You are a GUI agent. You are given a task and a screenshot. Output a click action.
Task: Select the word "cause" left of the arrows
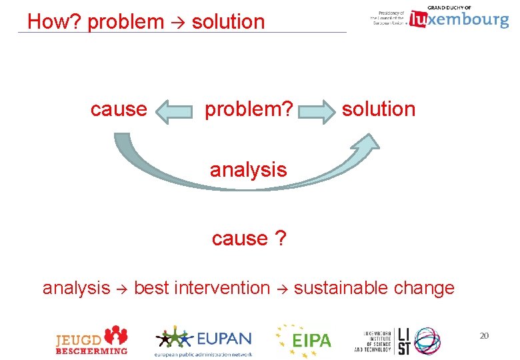[119, 109]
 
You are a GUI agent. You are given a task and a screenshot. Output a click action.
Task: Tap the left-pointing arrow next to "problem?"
[175, 111]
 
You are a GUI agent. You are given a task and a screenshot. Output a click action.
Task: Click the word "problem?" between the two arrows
[249, 109]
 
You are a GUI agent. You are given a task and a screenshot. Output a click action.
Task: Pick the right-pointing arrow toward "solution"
[317, 111]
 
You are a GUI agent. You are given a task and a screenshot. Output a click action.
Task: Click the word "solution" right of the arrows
[379, 109]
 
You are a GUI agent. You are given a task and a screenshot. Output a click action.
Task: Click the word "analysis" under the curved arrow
[249, 170]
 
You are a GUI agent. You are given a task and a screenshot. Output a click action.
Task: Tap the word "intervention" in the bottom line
[221, 288]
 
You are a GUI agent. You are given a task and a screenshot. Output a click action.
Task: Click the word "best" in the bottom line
[151, 288]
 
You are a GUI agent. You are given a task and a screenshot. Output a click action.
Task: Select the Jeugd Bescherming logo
[91, 340]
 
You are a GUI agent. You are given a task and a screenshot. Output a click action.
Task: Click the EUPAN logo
[203, 340]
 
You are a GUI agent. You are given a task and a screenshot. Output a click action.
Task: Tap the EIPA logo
[303, 340]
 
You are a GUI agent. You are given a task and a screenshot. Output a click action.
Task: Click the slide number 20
[484, 335]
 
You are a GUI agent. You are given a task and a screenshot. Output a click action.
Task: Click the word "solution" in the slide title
[228, 22]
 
